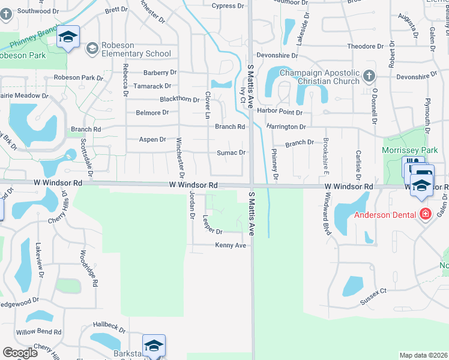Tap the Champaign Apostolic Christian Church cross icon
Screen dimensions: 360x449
click(x=369, y=76)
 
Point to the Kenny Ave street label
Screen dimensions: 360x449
click(x=231, y=245)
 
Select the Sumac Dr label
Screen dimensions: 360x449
click(x=231, y=152)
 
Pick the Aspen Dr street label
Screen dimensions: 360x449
click(x=152, y=139)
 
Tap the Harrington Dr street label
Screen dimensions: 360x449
click(x=286, y=127)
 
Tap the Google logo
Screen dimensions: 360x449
click(x=20, y=353)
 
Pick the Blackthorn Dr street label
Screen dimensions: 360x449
click(x=179, y=99)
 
